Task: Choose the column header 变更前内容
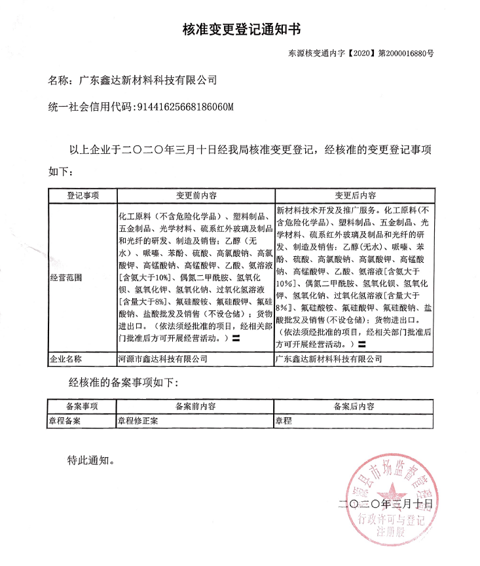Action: (196, 196)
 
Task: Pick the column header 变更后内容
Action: (354, 196)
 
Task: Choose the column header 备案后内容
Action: (354, 407)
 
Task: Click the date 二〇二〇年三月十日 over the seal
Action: (386, 504)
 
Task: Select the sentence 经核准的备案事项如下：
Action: (123, 382)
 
